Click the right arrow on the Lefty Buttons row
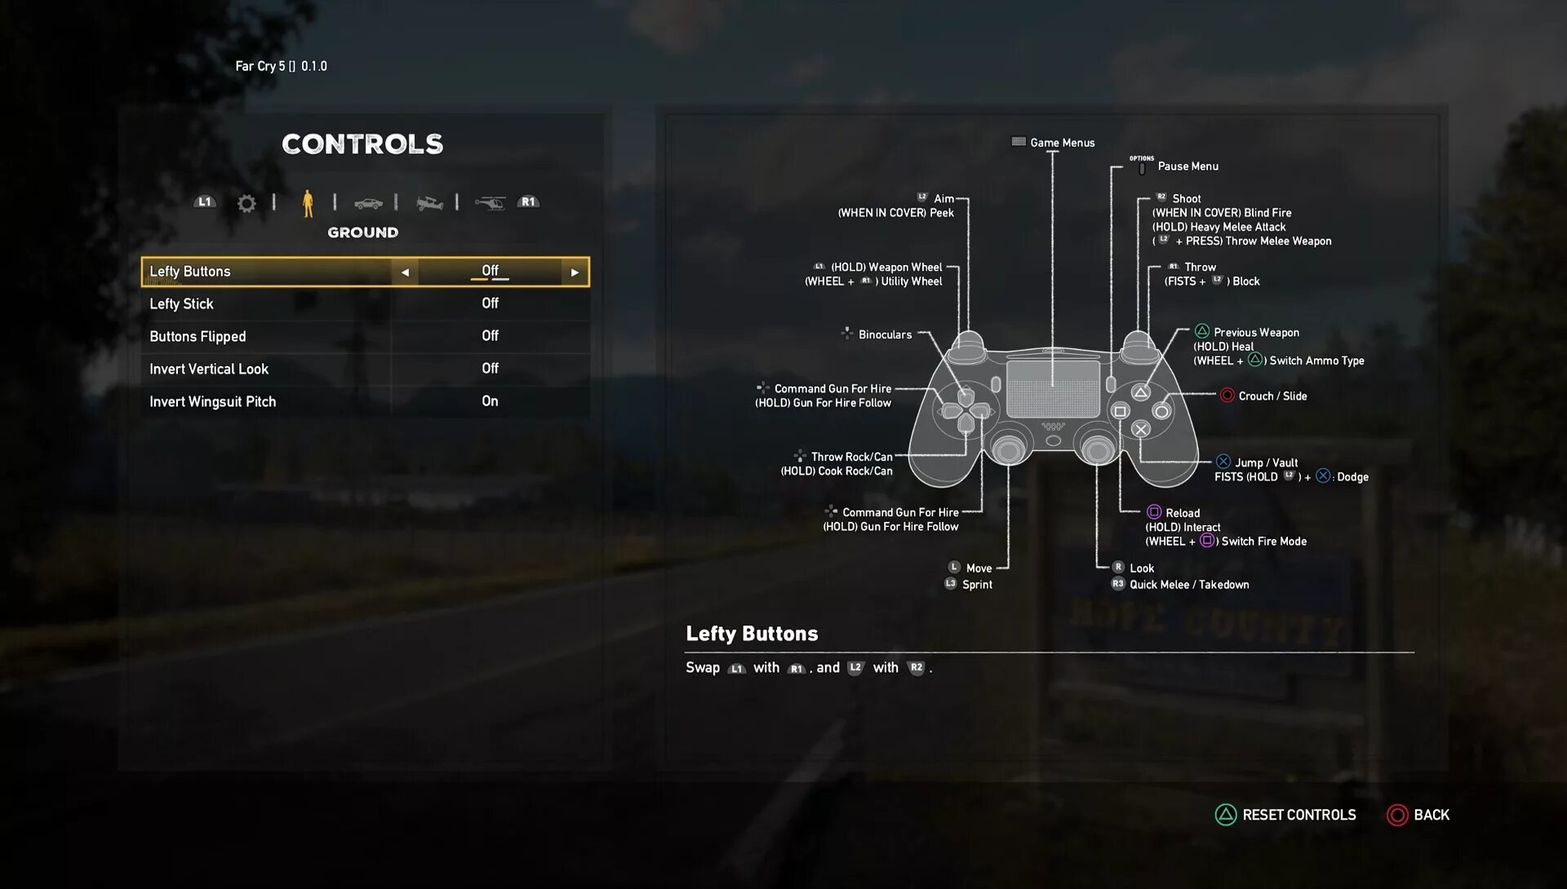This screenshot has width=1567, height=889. coord(575,272)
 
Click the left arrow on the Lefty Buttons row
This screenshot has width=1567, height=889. coord(405,272)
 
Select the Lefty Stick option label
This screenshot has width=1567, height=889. coord(181,304)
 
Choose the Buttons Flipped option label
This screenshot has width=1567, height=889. coord(198,337)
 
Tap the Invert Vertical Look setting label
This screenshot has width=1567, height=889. coord(209,369)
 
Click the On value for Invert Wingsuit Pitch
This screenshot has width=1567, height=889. coord(490,401)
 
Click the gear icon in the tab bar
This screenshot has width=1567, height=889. coord(246,203)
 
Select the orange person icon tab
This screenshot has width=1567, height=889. coord(308,203)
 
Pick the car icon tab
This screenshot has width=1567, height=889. coord(368,203)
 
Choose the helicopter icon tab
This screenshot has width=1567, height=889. coord(491,203)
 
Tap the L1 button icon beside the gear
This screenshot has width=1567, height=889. coord(205,202)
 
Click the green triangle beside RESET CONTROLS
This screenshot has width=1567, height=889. coord(1226,815)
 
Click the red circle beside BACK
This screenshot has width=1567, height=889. coord(1397,815)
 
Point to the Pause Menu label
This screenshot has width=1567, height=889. coord(1187,166)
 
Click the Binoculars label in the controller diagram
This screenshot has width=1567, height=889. coord(885,335)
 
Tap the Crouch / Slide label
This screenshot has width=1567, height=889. coord(1272,396)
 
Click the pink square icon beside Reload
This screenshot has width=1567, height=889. coord(1154,512)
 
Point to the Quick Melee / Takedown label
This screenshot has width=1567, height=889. coord(1189,585)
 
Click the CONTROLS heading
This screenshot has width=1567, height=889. coord(362,144)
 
